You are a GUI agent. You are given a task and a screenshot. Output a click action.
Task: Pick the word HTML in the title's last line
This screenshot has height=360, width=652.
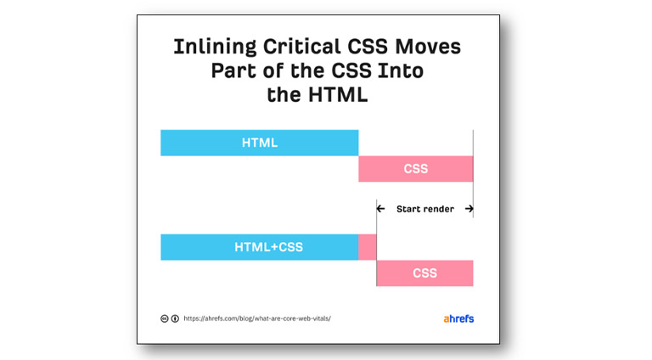point(337,95)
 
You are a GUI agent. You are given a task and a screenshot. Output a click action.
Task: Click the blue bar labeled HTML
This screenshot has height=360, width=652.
point(259,143)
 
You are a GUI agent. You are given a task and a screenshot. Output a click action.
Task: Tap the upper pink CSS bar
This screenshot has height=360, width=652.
point(415,169)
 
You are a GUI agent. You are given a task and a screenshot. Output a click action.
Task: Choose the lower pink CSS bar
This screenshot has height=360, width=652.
point(424,273)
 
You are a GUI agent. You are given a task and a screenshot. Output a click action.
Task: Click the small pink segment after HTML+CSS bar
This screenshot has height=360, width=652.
point(367,247)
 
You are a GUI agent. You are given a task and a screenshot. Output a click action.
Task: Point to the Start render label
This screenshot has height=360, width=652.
point(424,209)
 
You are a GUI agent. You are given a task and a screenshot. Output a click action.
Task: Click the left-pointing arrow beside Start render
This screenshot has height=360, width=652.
point(382,209)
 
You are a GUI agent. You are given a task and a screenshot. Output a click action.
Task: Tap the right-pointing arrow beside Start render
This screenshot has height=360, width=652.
point(468,209)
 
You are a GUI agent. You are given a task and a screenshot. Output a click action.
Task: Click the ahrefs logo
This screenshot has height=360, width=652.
point(458,319)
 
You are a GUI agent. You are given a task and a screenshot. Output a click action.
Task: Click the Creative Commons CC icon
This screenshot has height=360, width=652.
point(165,319)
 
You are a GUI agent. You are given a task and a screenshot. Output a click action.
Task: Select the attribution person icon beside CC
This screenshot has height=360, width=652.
point(175,319)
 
